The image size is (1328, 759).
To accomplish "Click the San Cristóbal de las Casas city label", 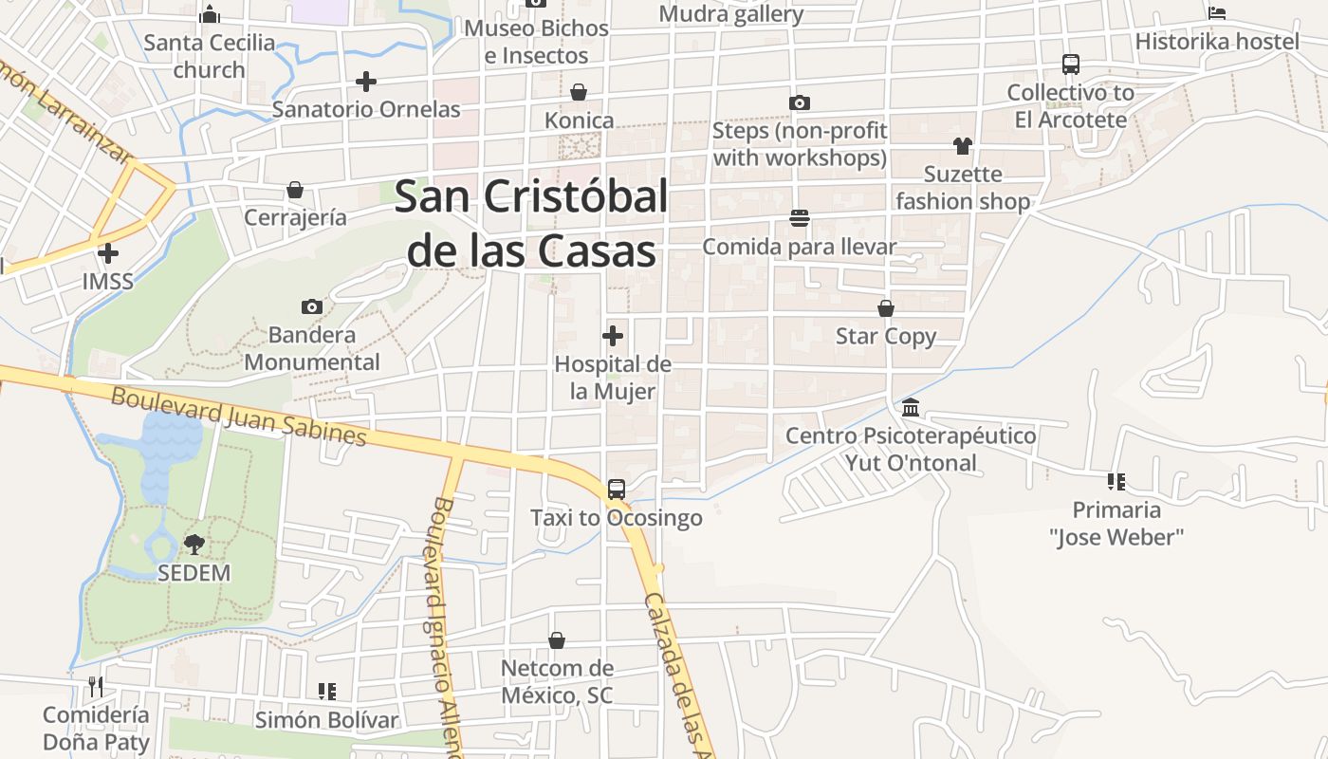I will click(x=531, y=224).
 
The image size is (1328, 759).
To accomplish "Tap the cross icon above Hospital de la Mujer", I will click(x=613, y=336).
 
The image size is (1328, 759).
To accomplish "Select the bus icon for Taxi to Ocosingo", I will click(x=617, y=490).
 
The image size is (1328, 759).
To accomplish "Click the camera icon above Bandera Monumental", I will click(x=311, y=306).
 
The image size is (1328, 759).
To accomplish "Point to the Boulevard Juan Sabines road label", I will click(x=238, y=416).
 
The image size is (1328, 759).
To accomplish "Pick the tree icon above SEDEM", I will click(x=194, y=545).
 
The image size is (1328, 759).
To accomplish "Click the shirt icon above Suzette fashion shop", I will click(x=963, y=146).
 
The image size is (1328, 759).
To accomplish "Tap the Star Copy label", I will click(x=886, y=337).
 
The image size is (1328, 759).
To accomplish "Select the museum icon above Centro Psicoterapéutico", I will click(x=911, y=408).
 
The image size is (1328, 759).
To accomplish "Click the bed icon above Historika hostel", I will click(x=1217, y=13).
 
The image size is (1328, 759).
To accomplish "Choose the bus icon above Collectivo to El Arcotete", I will click(x=1071, y=65).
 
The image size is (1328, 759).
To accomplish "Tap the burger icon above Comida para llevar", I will click(x=800, y=219).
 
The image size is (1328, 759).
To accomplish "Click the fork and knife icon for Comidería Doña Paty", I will click(x=96, y=686).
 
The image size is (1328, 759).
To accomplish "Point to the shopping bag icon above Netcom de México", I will click(x=557, y=641).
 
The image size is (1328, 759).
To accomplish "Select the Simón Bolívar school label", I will click(x=327, y=720).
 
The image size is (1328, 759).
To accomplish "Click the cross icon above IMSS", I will click(x=108, y=253).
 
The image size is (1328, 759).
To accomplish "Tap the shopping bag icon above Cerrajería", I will click(x=295, y=190).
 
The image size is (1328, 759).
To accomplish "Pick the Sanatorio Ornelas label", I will click(x=366, y=109).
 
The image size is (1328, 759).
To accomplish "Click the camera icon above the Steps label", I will click(x=800, y=102).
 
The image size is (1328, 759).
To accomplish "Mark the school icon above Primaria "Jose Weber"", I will click(x=1116, y=482).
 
